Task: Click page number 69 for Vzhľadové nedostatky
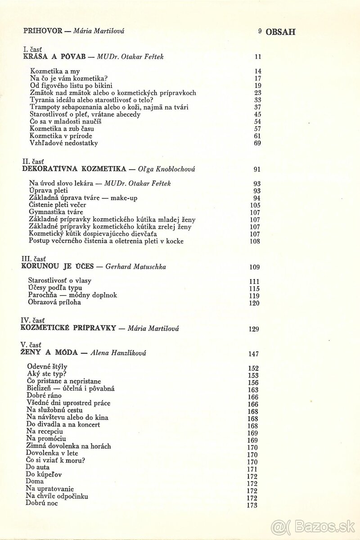257,144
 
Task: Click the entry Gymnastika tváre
56,211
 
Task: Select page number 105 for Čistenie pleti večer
255,205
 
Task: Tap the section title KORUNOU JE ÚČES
57,266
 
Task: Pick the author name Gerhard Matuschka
135,266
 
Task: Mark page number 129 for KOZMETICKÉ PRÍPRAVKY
254,329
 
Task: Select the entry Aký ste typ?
47,374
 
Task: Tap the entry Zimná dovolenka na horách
68,446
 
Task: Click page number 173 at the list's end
252,505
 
